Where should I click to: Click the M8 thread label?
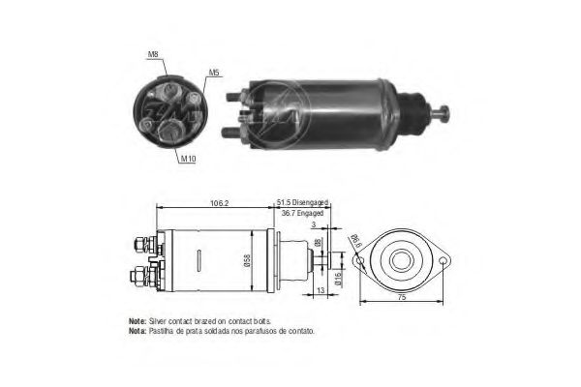point(153,55)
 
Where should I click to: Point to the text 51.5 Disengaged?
point(303,201)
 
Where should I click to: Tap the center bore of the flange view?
point(401,260)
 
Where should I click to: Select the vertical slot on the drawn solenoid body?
point(197,260)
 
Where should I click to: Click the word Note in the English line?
point(137,320)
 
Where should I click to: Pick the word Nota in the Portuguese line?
point(137,330)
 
